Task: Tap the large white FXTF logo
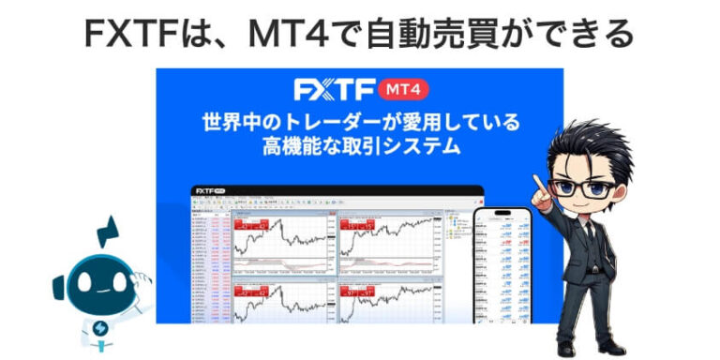coord(334,89)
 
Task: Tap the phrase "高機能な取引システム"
coord(359,148)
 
